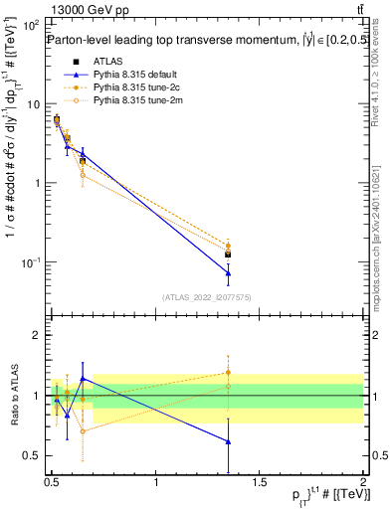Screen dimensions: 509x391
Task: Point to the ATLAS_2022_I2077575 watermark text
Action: pyautogui.click(x=207, y=297)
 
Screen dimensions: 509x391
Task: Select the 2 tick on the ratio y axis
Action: pyautogui.click(x=36, y=336)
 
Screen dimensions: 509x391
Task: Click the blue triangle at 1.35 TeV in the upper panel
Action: pyautogui.click(x=229, y=273)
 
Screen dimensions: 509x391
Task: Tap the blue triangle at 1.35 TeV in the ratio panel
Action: pyautogui.click(x=229, y=441)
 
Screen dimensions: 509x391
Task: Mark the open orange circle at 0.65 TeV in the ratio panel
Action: pyautogui.click(x=83, y=431)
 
